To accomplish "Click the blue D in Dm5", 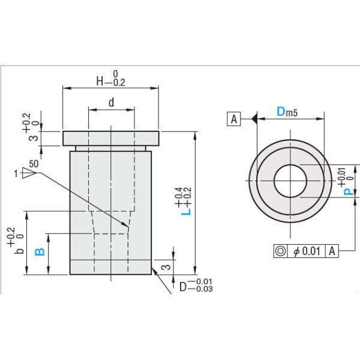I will point(281,112).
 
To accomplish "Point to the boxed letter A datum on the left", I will point(234,119).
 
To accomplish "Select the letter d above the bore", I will point(111,103).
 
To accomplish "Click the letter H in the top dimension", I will point(101,83).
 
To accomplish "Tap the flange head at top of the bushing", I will point(111,138).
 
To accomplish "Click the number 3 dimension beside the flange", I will point(34,138).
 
